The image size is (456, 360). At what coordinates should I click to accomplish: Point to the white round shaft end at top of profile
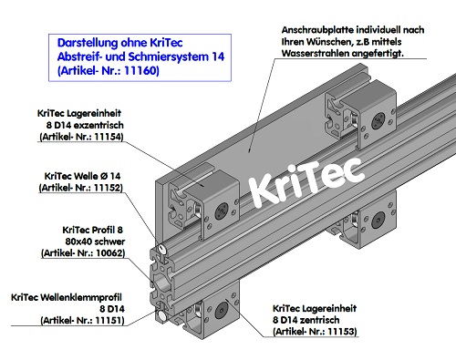tap(161, 247)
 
